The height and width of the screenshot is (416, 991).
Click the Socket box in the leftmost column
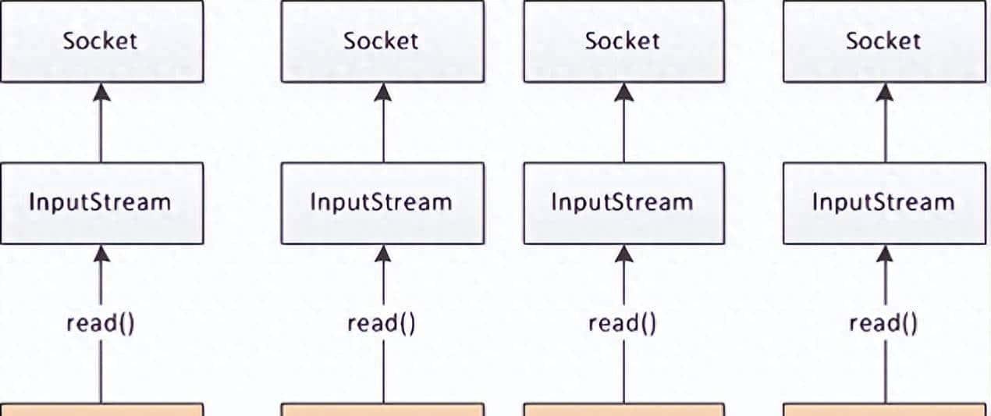coord(101,41)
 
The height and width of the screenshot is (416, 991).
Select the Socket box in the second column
coord(382,41)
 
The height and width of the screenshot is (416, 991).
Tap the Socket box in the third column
coord(623,41)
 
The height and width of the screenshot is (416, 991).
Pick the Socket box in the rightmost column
coord(884,41)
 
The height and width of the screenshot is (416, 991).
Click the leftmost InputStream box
coord(101,203)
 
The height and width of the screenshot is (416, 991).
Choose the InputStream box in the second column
coord(382,203)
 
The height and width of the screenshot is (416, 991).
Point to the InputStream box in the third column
coord(623,203)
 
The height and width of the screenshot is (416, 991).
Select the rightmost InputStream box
coord(884,203)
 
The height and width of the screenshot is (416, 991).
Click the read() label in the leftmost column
coord(101,323)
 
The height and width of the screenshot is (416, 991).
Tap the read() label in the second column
coord(382,323)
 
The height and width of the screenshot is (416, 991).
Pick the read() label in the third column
coord(623,323)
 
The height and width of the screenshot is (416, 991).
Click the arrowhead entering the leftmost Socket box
coord(101,92)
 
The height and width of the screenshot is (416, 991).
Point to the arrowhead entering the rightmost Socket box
coord(885,92)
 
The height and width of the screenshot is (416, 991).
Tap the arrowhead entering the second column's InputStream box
coord(383,254)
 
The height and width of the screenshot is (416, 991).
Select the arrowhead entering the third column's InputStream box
coord(623,254)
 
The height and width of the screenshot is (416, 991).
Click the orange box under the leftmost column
coord(101,410)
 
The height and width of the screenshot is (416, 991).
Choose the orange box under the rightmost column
coord(884,410)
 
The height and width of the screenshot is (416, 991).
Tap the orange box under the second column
coord(382,410)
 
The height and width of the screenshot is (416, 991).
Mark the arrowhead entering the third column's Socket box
coord(623,92)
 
